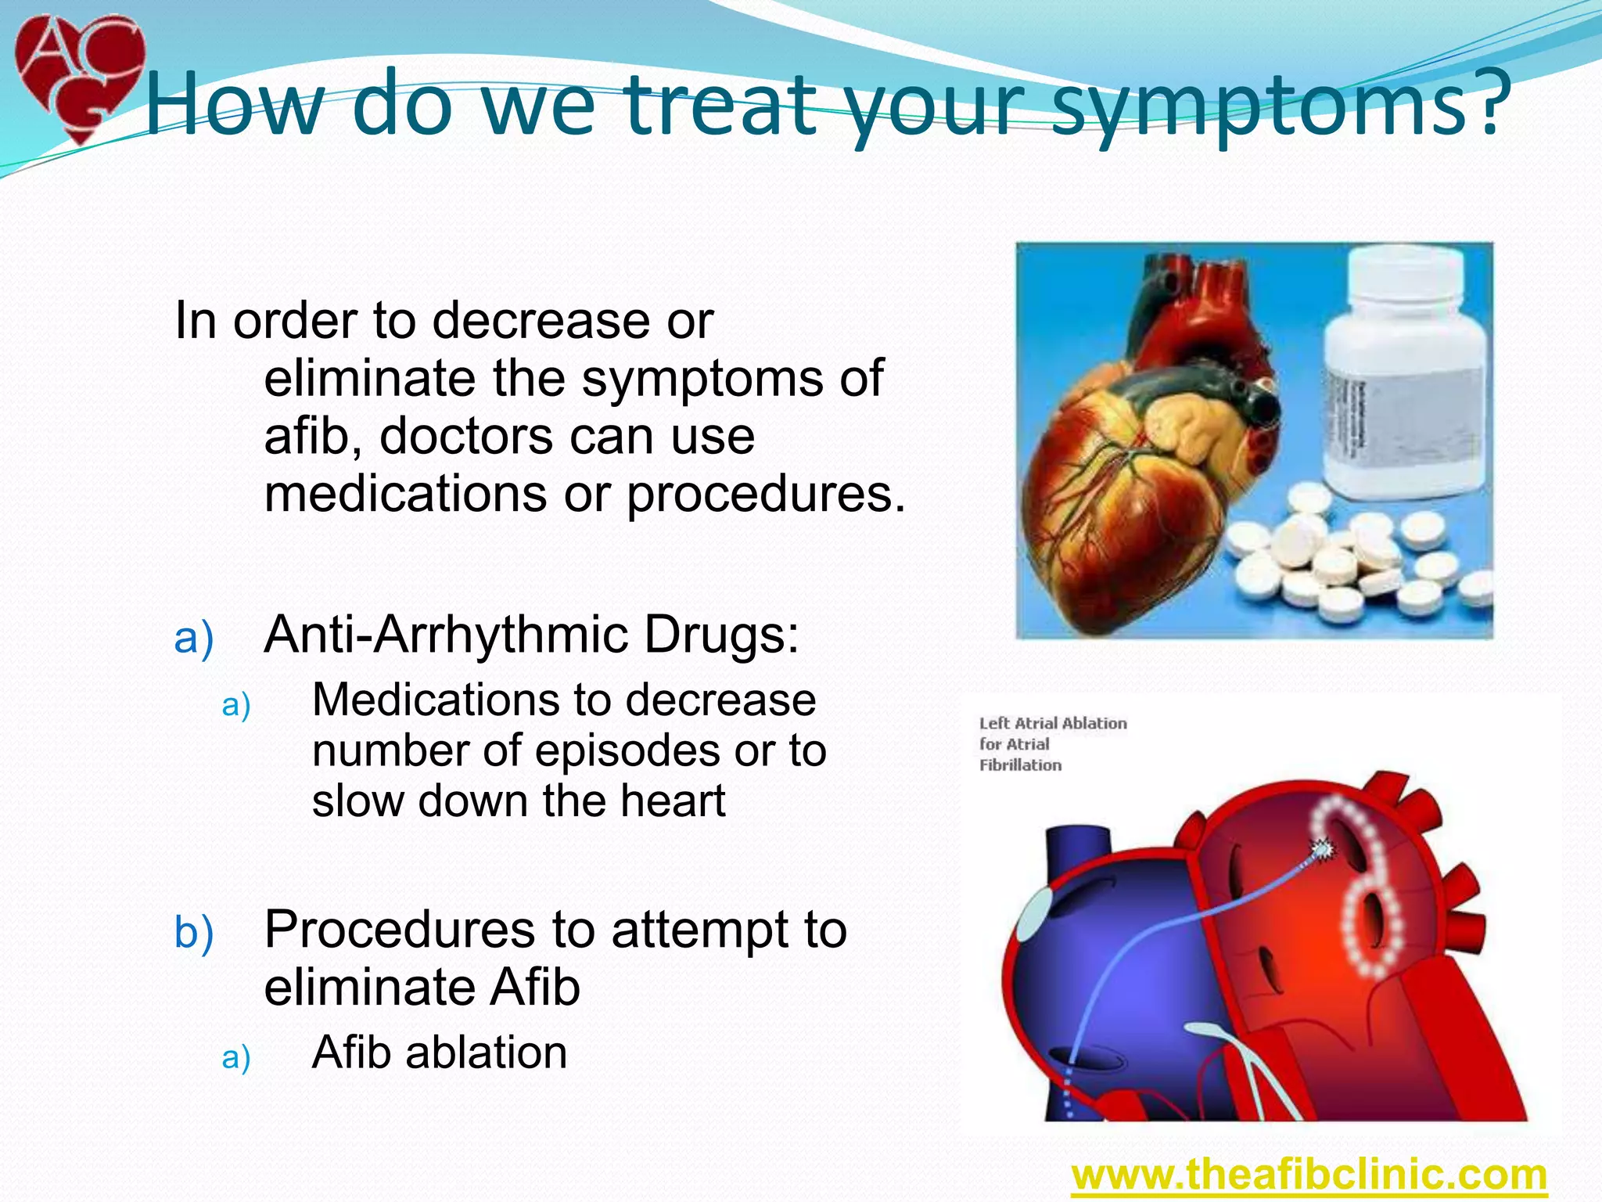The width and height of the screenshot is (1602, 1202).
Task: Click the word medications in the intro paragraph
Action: tap(405, 495)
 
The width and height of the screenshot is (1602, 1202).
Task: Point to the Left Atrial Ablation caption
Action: tap(1052, 743)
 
